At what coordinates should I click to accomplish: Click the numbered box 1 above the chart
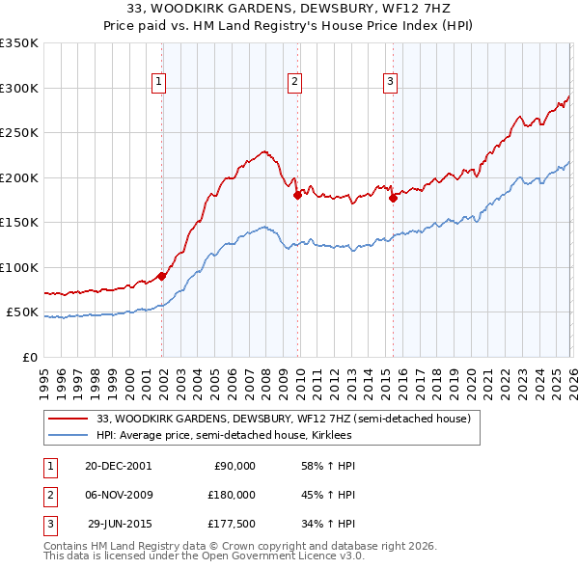tap(158, 83)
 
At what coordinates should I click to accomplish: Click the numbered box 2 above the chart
tap(293, 83)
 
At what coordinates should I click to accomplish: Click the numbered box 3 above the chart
tap(390, 83)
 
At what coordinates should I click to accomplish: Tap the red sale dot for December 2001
tap(162, 276)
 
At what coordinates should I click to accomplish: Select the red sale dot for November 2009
tap(297, 195)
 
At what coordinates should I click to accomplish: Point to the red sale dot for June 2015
tap(393, 198)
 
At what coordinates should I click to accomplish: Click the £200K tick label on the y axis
tap(18, 177)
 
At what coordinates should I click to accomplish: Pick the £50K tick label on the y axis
tap(21, 312)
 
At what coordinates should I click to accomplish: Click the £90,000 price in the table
tap(234, 466)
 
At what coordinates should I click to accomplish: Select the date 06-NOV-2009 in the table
tap(118, 495)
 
